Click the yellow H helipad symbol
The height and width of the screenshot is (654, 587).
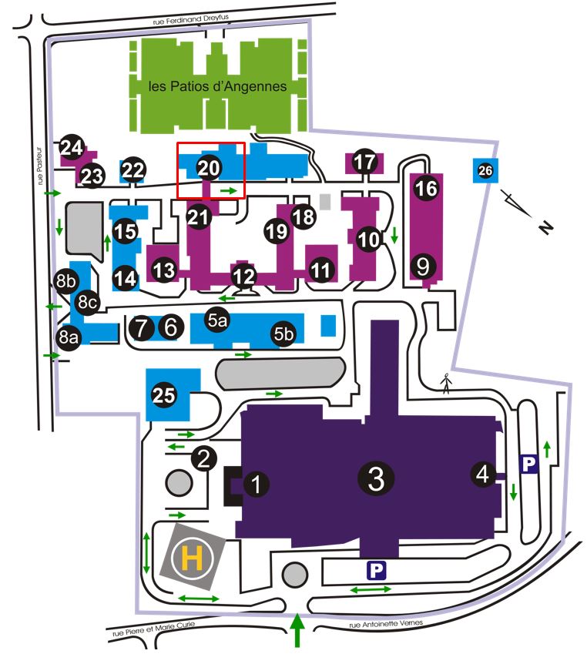point(193,557)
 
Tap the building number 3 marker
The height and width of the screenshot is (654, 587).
point(376,478)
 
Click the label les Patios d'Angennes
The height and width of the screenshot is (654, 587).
point(217,87)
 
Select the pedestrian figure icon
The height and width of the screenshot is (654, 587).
point(446,383)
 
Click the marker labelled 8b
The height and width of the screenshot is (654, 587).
point(65,280)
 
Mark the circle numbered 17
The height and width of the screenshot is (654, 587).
point(365,162)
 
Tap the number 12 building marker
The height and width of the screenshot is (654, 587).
point(243,274)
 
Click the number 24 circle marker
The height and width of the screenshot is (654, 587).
point(72,147)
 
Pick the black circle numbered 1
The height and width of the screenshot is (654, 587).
point(257,484)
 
